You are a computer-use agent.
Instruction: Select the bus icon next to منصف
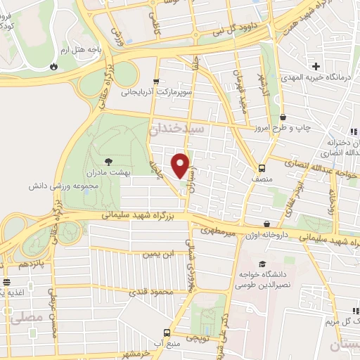262,169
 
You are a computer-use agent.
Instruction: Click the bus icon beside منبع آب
167,332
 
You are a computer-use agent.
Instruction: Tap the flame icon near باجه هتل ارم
54,67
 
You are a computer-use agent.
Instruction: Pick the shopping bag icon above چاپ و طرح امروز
283,117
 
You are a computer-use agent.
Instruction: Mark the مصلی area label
26,319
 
